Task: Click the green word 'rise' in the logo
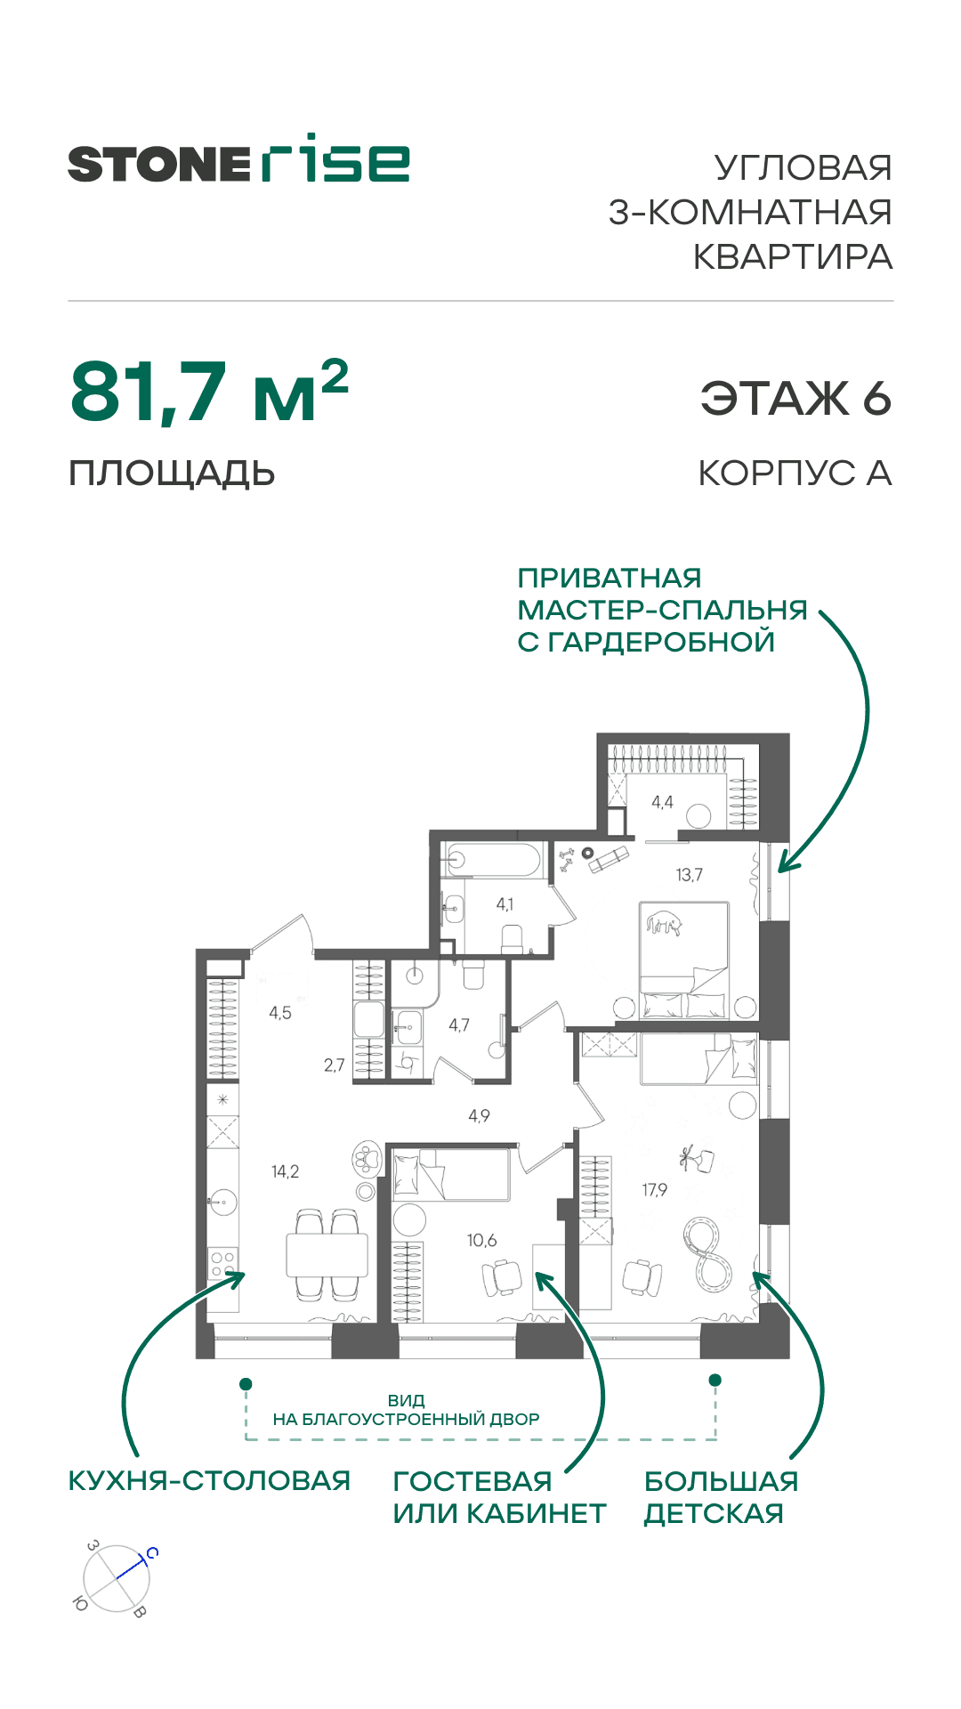[335, 160]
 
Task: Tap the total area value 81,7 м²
[209, 392]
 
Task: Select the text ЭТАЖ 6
[795, 398]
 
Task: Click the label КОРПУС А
[795, 474]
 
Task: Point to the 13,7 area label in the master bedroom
[689, 875]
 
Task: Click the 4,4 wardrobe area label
[662, 802]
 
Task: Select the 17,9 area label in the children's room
[654, 1189]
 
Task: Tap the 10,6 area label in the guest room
[481, 1240]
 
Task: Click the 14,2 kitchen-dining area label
[285, 1171]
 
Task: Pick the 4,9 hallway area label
[479, 1115]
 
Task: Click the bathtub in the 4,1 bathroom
[494, 861]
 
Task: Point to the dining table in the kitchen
[327, 1254]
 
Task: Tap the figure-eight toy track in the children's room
[707, 1255]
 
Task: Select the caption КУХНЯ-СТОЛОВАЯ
[209, 1481]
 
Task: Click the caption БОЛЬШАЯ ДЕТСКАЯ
[720, 1497]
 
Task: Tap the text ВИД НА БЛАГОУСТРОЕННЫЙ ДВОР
[406, 1410]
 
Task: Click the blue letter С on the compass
[152, 1553]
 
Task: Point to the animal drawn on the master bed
[664, 924]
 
